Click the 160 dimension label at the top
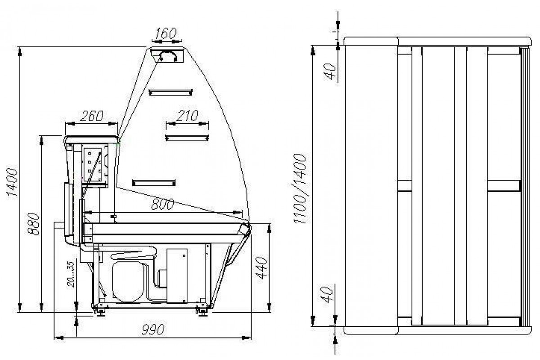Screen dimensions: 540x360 166,33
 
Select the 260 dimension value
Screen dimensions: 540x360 92,116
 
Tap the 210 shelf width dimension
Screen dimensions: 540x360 187,116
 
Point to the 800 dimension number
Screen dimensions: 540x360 162,204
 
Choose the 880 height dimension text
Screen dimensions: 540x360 33,224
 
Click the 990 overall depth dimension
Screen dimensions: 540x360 153,329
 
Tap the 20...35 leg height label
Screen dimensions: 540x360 71,274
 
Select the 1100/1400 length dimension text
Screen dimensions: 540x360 300,189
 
